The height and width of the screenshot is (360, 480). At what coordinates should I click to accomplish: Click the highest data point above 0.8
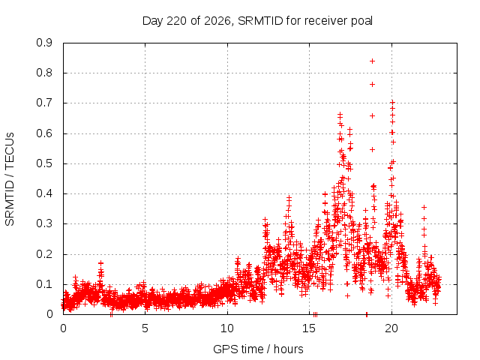(x=372, y=61)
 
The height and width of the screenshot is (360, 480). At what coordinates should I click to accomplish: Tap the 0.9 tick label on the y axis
(x=44, y=43)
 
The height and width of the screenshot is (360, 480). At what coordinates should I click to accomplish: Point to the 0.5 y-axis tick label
(x=44, y=163)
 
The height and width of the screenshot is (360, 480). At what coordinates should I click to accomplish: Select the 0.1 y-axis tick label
(x=44, y=284)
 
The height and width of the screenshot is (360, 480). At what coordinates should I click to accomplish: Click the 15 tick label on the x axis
(x=309, y=328)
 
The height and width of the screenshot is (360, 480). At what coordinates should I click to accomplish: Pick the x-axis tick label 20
(x=391, y=328)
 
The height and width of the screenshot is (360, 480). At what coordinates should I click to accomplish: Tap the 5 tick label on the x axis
(x=145, y=328)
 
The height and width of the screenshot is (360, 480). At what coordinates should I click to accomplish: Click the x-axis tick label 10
(x=227, y=328)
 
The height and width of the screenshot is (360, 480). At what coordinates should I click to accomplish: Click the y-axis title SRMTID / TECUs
(x=10, y=179)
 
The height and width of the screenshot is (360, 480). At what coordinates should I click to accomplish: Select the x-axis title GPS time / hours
(x=258, y=349)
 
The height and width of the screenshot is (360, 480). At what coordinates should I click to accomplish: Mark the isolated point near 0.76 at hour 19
(x=372, y=85)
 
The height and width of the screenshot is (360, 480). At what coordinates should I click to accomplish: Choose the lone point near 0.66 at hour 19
(x=372, y=116)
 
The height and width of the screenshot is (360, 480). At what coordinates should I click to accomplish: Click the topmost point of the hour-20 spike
(x=392, y=102)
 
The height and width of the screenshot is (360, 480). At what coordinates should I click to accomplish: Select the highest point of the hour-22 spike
(x=424, y=208)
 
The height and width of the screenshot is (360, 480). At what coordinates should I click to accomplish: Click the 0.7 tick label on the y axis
(x=44, y=103)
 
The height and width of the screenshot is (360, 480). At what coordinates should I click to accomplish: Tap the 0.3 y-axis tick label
(x=44, y=224)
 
